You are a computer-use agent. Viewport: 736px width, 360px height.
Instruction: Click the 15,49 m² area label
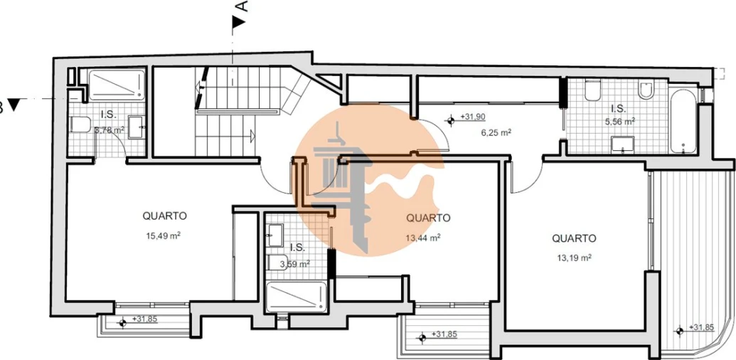164,235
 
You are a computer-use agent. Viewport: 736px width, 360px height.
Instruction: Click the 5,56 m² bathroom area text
620,121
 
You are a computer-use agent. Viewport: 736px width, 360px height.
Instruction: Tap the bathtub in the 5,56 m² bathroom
683,120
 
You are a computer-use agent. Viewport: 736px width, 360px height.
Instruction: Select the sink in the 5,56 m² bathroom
622,144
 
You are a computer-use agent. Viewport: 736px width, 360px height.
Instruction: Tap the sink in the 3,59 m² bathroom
275,235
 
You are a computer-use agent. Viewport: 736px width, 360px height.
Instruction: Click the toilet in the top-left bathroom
80,125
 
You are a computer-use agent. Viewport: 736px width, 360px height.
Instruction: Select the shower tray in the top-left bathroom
117,85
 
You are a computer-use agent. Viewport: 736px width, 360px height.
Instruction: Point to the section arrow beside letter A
240,21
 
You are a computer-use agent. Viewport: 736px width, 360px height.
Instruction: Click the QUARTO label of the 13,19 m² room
574,238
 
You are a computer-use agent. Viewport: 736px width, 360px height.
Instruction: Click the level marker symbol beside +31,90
451,121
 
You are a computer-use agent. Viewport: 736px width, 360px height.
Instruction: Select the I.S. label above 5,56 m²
618,109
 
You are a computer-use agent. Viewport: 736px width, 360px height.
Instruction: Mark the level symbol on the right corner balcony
679,331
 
